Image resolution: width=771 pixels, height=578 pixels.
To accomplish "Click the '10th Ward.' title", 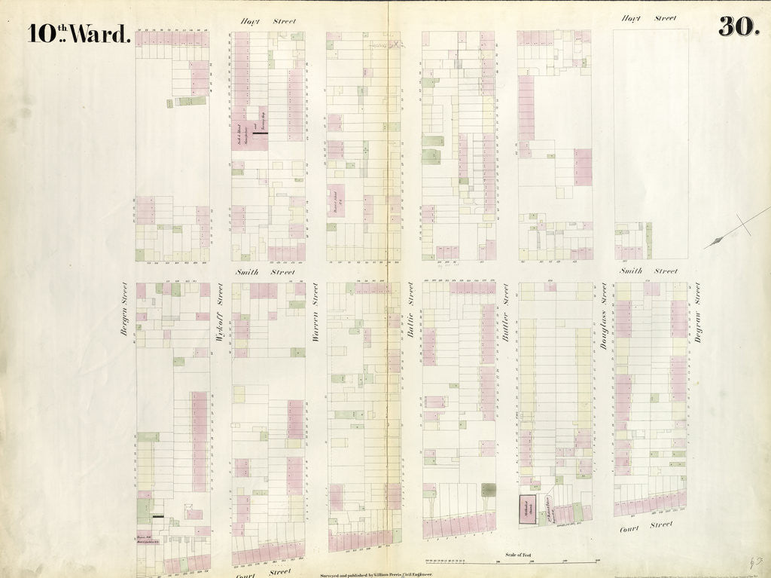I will (x=79, y=33).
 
